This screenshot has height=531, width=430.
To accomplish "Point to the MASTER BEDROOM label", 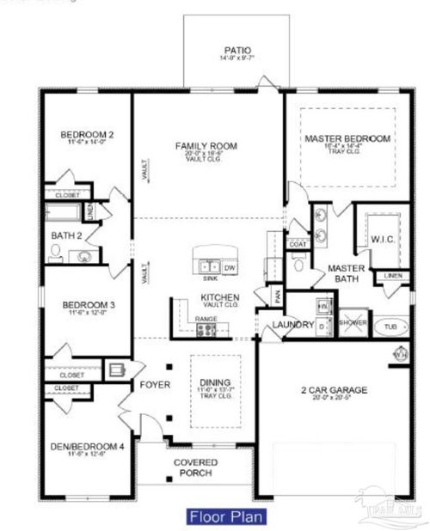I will [x=347, y=138].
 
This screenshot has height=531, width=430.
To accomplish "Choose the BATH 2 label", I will [x=65, y=235].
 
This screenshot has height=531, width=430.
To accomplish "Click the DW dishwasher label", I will [x=229, y=268].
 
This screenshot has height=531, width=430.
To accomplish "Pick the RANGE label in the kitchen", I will [x=206, y=318].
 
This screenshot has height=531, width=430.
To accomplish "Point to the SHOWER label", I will [x=353, y=322].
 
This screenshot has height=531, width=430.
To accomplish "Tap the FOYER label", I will [x=155, y=384].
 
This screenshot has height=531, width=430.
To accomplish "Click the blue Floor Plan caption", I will [x=225, y=516].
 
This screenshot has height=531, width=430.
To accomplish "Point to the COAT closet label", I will [x=298, y=244].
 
